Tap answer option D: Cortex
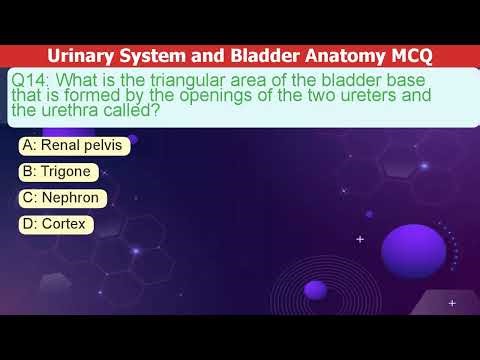coord(57,224)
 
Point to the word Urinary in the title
coord(80,56)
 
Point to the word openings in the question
coord(216,96)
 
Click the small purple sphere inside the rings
coord(315,289)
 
